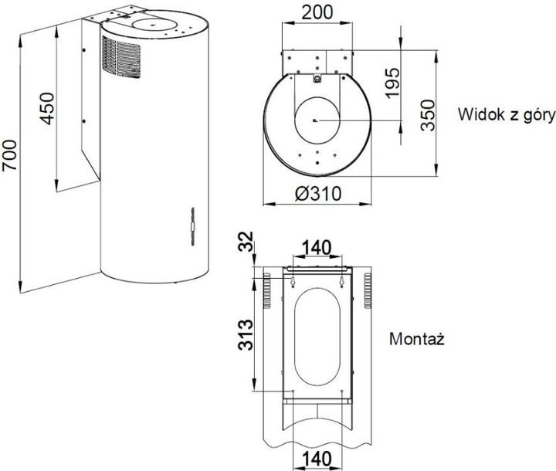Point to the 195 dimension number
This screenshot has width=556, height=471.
click(393, 83)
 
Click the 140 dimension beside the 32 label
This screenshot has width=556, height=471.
click(316, 248)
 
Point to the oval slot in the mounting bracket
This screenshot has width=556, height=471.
click(317, 335)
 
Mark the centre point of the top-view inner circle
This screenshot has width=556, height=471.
click(317, 121)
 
